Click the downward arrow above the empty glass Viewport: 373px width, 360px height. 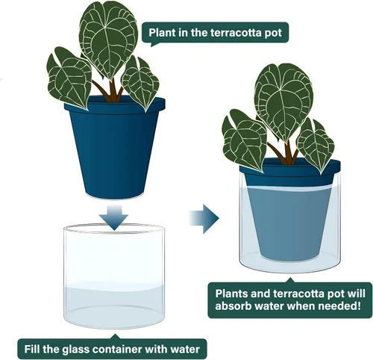coord(114,217)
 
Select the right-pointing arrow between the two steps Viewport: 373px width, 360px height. coord(204,219)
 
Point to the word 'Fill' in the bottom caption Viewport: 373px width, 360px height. coord(32,349)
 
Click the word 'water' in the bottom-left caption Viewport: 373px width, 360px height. coord(185,349)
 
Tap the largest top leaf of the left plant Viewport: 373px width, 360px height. coord(108,40)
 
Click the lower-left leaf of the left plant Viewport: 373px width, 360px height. coord(69,78)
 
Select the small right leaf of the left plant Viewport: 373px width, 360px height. coord(140,82)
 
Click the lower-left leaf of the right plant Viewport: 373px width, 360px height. coord(245,140)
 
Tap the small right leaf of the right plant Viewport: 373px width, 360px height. coord(316,144)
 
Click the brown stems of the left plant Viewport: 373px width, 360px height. coord(110,91)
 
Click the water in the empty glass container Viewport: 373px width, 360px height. coord(114,306)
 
